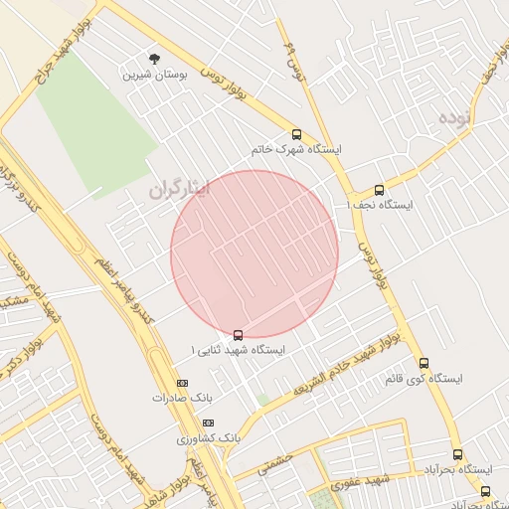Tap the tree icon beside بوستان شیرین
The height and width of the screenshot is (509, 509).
[153, 59]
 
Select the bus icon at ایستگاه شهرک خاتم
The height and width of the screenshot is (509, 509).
[296, 134]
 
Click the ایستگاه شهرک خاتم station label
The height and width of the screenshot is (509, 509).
[296, 150]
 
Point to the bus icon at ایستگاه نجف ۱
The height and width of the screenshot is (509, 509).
[378, 190]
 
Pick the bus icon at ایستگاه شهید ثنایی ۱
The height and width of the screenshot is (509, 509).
[238, 335]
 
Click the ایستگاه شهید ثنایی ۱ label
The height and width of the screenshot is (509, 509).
[239, 351]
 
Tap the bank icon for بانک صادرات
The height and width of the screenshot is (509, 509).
[181, 383]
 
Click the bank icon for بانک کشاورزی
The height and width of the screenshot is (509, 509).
[208, 423]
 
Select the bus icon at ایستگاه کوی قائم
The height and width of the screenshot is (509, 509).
[424, 363]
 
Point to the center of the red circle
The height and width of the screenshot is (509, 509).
[254, 254]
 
